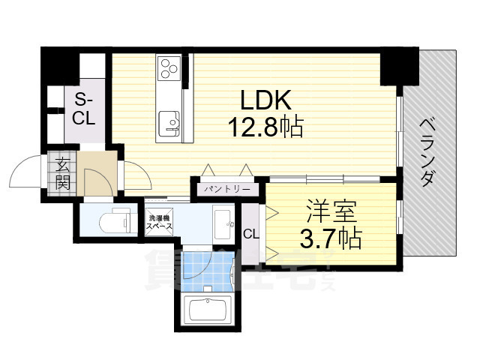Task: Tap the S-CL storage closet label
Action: point(82,106)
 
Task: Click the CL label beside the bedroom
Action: point(250,233)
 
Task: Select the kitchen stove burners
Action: point(168,69)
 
